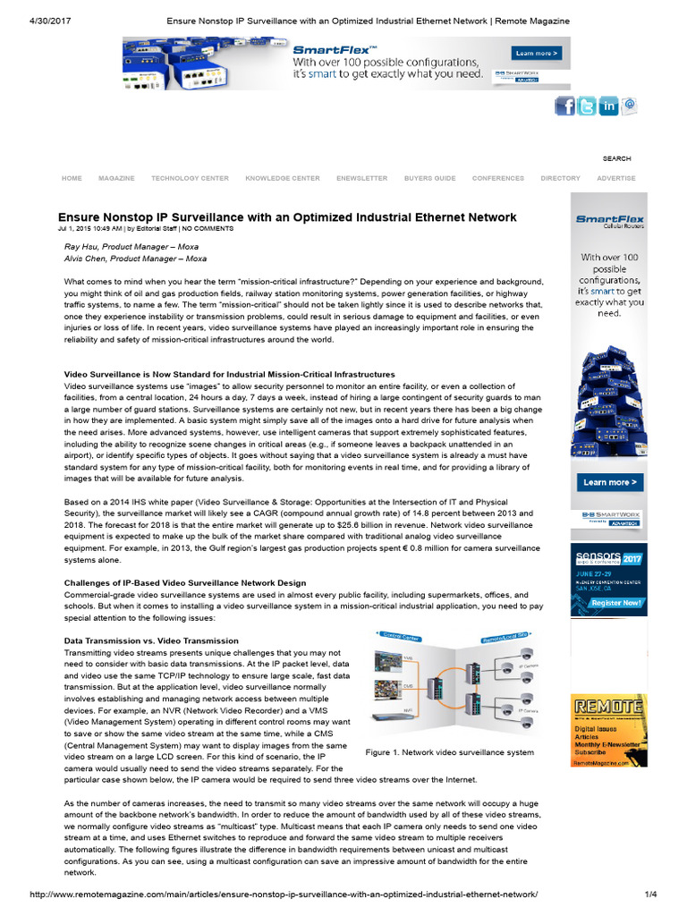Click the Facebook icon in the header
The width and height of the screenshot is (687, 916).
click(565, 106)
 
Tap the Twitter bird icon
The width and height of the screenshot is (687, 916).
click(587, 106)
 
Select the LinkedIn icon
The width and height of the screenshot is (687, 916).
click(608, 106)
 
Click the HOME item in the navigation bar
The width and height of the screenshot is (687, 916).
click(72, 178)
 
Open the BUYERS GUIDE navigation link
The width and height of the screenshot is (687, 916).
click(429, 178)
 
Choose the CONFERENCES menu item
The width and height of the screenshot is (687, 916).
click(498, 178)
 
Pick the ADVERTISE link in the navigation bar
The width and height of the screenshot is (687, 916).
click(616, 178)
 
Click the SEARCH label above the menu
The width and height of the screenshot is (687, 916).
click(616, 158)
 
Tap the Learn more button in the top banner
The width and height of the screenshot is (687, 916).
click(536, 54)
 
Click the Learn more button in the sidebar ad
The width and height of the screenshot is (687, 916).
click(610, 482)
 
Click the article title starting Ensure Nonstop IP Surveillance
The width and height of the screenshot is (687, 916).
click(287, 216)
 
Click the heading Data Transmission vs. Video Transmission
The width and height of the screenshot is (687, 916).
click(151, 640)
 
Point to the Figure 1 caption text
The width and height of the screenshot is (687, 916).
click(450, 753)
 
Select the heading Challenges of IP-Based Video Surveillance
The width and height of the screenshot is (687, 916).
click(185, 583)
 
